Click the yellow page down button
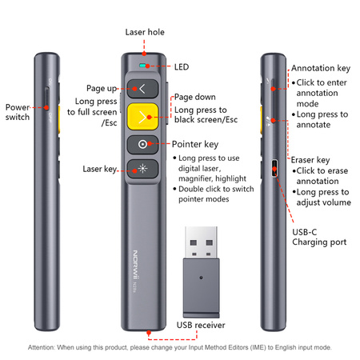pyautogui.click(x=142, y=117)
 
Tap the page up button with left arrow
pyautogui.click(x=142, y=89)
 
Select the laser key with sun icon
pyautogui.click(x=142, y=169)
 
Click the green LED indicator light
pyautogui.click(x=142, y=66)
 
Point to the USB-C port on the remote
pyautogui.click(x=274, y=168)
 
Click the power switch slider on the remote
pyautogui.click(x=46, y=99)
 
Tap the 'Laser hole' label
pyautogui.click(x=145, y=32)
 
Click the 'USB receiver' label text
pyautogui.click(x=201, y=325)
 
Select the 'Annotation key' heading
pyautogui.click(x=321, y=68)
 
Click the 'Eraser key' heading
pyautogui.click(x=310, y=160)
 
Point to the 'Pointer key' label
pyautogui.click(x=195, y=144)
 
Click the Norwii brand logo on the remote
pyautogui.click(x=136, y=265)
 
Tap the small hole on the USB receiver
pyautogui.click(x=201, y=278)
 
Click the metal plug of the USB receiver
pyautogui.click(x=202, y=242)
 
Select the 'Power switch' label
pyautogui.click(x=18, y=112)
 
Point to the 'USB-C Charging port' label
pyautogui.click(x=319, y=237)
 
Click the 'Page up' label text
pyautogui.click(x=102, y=88)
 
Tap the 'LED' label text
pyautogui.click(x=182, y=67)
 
